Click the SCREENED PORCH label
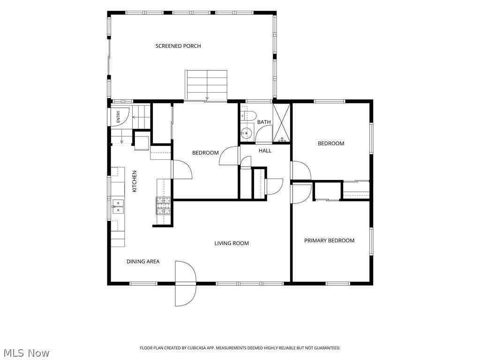pos(178,46)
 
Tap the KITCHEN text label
pos(135,181)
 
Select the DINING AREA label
pos(143,262)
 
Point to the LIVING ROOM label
pos(232,243)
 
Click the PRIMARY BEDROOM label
pos(329,240)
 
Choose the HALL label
pos(265,150)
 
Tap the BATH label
pos(264,122)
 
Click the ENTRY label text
pos(119,117)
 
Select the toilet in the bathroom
pos(248,116)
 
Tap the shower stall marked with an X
pos(281,123)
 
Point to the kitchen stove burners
pos(164,206)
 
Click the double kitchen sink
pos(118,206)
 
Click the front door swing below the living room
pos(185,284)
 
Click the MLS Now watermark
pos(25,352)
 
